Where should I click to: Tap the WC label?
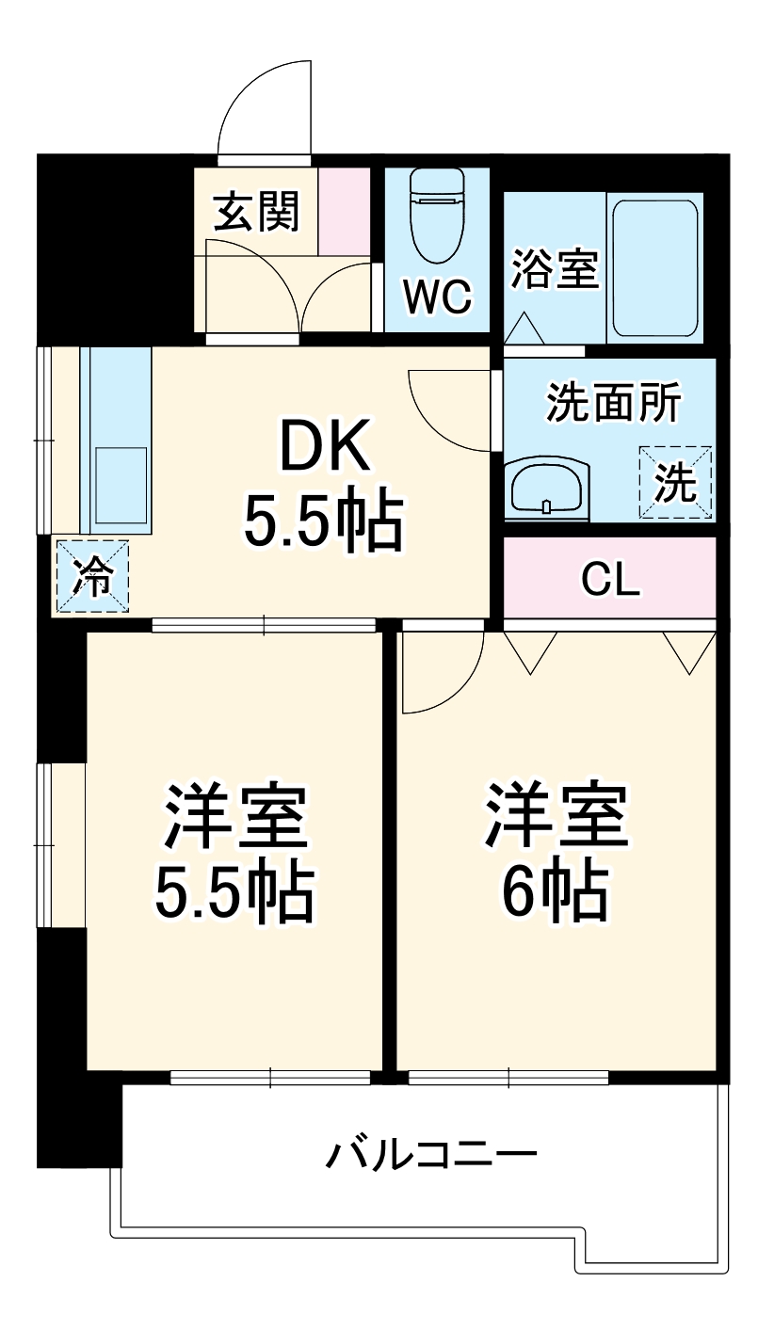pos(436,296)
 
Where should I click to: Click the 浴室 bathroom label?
pos(555,267)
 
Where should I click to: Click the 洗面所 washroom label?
pos(614,404)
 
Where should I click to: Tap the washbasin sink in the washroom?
pos(547,488)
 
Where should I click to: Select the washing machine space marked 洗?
pos(675,483)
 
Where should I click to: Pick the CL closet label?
pos(610,580)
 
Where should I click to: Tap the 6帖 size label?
pos(556,890)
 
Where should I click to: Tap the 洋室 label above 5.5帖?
pos(234,815)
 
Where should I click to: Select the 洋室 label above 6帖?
pos(556,815)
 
